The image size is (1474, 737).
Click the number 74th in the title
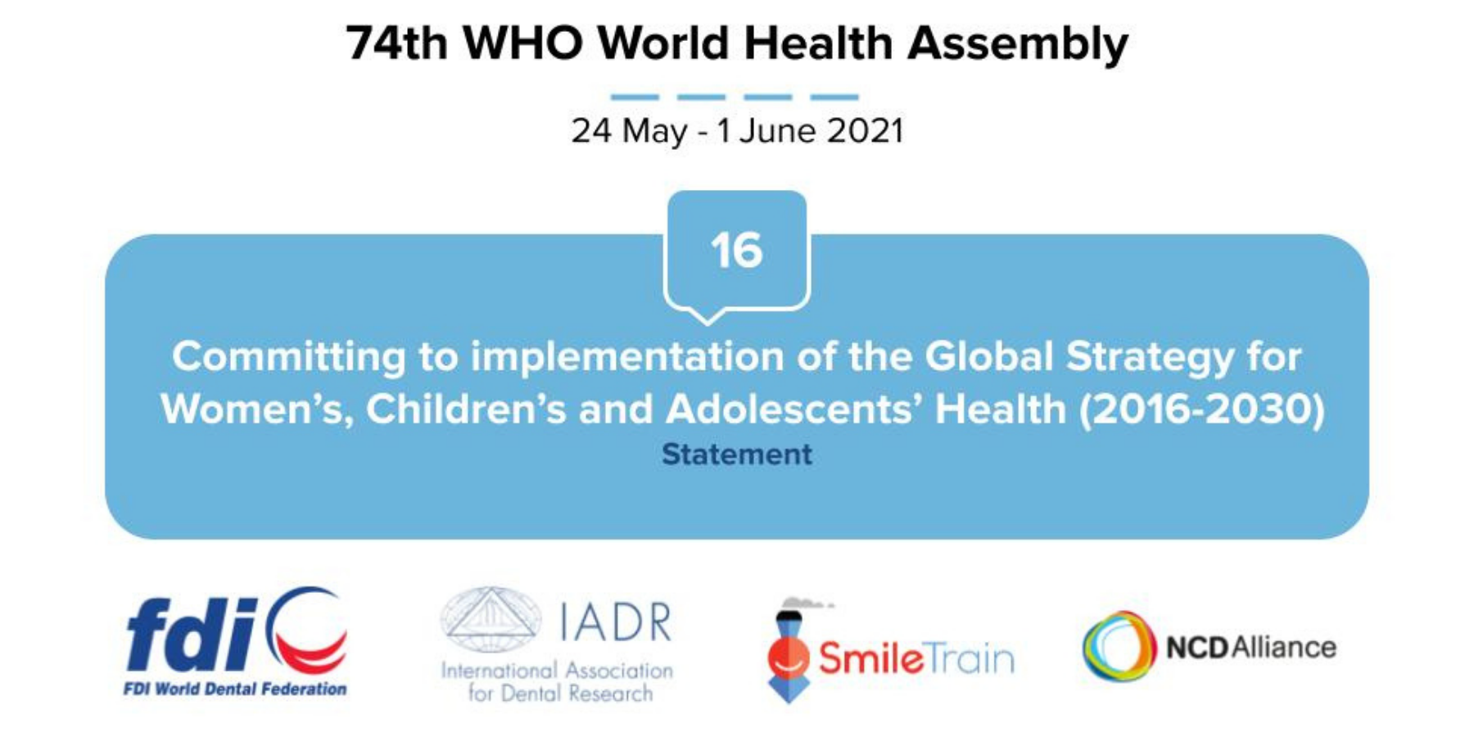click(396, 43)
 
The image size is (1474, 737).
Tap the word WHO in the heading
click(523, 43)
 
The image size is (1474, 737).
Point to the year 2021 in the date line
click(866, 131)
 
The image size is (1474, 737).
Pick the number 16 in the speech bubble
click(736, 250)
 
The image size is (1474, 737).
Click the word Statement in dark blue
click(737, 454)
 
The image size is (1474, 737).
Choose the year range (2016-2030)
click(1201, 409)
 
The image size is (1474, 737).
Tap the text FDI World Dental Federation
click(235, 689)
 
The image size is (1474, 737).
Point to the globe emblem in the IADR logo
click(491, 619)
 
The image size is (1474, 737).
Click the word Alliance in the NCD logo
click(1284, 647)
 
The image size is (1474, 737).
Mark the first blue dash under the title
click(635, 97)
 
